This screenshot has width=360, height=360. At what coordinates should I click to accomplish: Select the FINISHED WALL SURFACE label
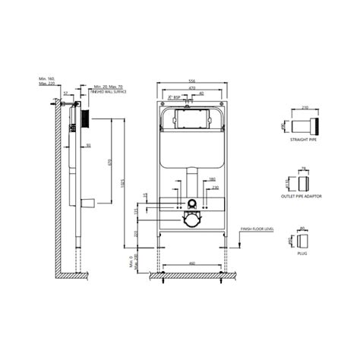(x=110, y=92)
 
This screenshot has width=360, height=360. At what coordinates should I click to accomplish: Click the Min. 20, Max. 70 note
(x=109, y=87)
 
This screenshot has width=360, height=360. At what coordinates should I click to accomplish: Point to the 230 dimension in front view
(x=215, y=187)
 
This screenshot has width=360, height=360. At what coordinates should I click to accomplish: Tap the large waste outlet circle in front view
(x=191, y=221)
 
